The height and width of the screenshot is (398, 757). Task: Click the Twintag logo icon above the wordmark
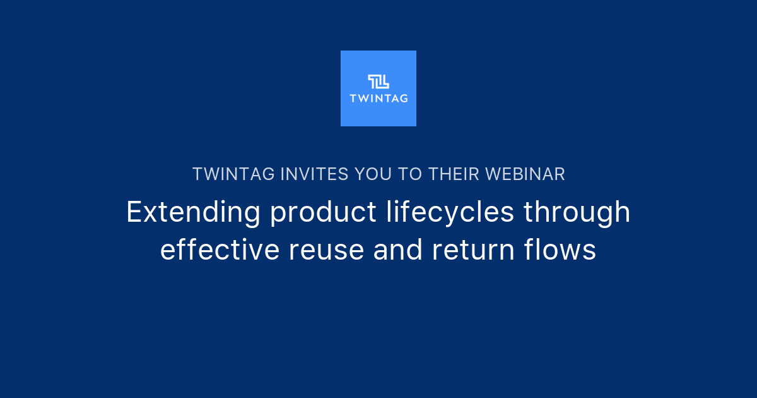pyautogui.click(x=378, y=81)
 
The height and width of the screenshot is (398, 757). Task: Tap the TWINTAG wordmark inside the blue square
pyautogui.click(x=378, y=98)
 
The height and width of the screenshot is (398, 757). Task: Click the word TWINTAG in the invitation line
pyautogui.click(x=233, y=174)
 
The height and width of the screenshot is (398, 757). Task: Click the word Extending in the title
pyautogui.click(x=193, y=212)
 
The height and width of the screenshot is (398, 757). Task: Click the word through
pyautogui.click(x=577, y=214)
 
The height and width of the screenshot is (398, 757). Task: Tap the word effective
pyautogui.click(x=220, y=250)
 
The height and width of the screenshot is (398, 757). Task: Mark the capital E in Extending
pyautogui.click(x=133, y=212)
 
